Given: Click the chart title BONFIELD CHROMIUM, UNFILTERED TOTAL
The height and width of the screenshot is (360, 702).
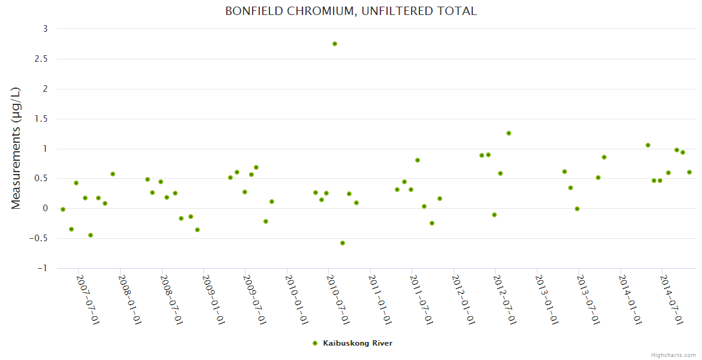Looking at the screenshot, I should pyautogui.click(x=351, y=11).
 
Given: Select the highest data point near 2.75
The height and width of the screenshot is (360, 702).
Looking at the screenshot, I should pyautogui.click(x=335, y=44).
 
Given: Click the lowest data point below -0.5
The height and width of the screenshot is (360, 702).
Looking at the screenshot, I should pyautogui.click(x=343, y=243).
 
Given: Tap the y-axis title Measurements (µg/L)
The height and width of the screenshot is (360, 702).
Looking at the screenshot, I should pyautogui.click(x=16, y=148).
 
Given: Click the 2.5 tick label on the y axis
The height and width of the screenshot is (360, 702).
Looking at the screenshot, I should pyautogui.click(x=40, y=59).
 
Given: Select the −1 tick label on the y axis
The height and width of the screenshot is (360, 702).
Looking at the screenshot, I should pyautogui.click(x=42, y=268).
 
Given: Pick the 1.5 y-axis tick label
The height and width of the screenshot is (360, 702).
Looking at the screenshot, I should pyautogui.click(x=40, y=119).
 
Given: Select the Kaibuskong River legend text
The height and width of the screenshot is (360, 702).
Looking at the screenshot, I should pyautogui.click(x=358, y=343).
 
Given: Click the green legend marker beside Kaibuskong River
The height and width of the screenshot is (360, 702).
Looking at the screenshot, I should pyautogui.click(x=315, y=343).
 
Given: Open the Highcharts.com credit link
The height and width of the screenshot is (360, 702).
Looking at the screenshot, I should pyautogui.click(x=673, y=355).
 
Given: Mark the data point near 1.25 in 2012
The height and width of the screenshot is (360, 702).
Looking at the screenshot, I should pyautogui.click(x=509, y=133).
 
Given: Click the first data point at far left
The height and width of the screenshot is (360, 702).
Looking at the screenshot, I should pyautogui.click(x=63, y=209).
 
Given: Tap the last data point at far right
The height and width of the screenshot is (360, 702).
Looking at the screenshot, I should pyautogui.click(x=689, y=172).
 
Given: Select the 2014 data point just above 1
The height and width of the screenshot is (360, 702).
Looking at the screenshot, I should pyautogui.click(x=648, y=145).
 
